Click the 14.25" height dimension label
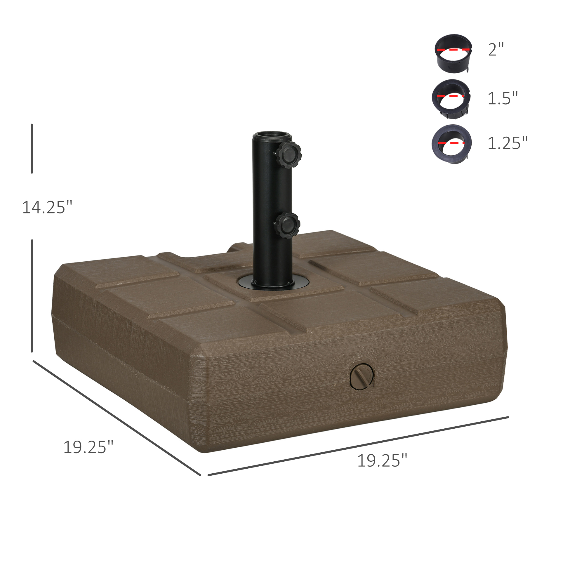coord(47,207)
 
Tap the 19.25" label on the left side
coord(88,447)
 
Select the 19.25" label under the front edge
coord(382,461)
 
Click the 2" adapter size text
coord(496,49)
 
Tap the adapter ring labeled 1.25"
coord(452,144)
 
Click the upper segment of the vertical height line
coord(32,148)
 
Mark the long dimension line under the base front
coord(358,446)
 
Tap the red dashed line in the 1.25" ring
coord(452,142)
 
